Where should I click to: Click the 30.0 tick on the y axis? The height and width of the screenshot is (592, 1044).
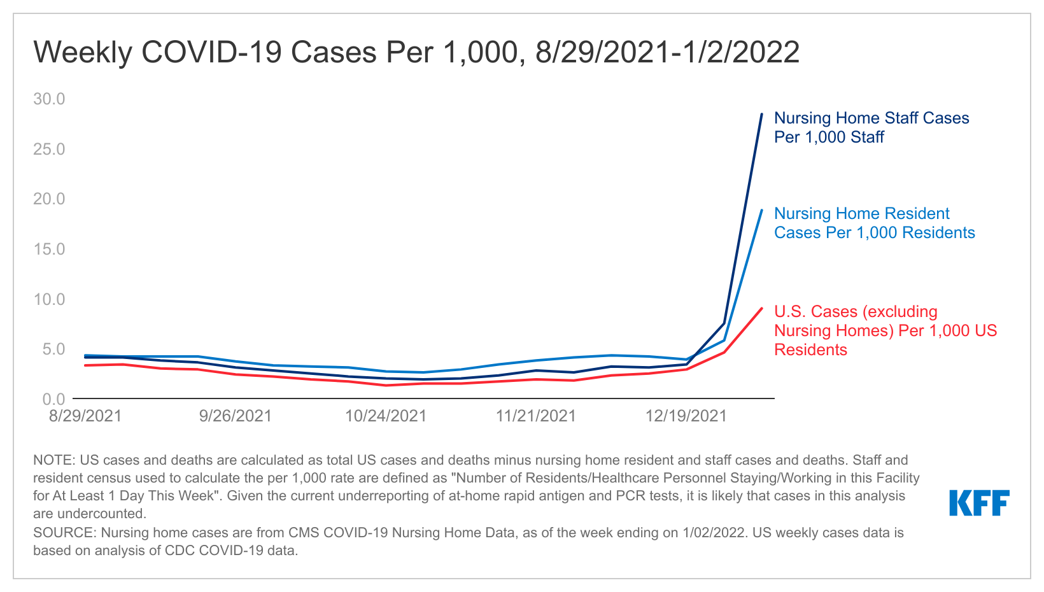(49, 99)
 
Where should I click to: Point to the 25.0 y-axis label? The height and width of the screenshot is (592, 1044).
(49, 149)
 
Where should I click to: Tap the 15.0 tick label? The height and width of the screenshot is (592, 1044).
(49, 249)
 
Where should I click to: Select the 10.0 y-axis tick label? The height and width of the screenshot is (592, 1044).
(49, 299)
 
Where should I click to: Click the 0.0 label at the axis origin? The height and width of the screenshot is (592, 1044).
(53, 399)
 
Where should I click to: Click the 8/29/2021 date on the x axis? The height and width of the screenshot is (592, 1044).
(85, 416)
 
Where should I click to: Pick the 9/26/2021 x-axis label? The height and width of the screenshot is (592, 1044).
(236, 416)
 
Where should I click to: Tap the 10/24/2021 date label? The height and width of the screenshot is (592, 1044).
(386, 416)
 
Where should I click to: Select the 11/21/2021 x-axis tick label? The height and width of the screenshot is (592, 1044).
(536, 416)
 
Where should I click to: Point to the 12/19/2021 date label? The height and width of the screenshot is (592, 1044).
(686, 416)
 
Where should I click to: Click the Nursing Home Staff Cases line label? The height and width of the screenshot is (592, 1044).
(871, 127)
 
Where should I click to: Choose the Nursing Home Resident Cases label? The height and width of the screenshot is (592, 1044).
(873, 223)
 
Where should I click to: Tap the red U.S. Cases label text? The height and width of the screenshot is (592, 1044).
(885, 330)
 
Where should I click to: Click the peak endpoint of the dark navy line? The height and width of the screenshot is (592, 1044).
(761, 114)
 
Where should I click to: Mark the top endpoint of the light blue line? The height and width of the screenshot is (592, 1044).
(761, 210)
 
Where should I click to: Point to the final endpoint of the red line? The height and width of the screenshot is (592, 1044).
(761, 308)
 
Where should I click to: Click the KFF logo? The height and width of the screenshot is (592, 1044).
(979, 503)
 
